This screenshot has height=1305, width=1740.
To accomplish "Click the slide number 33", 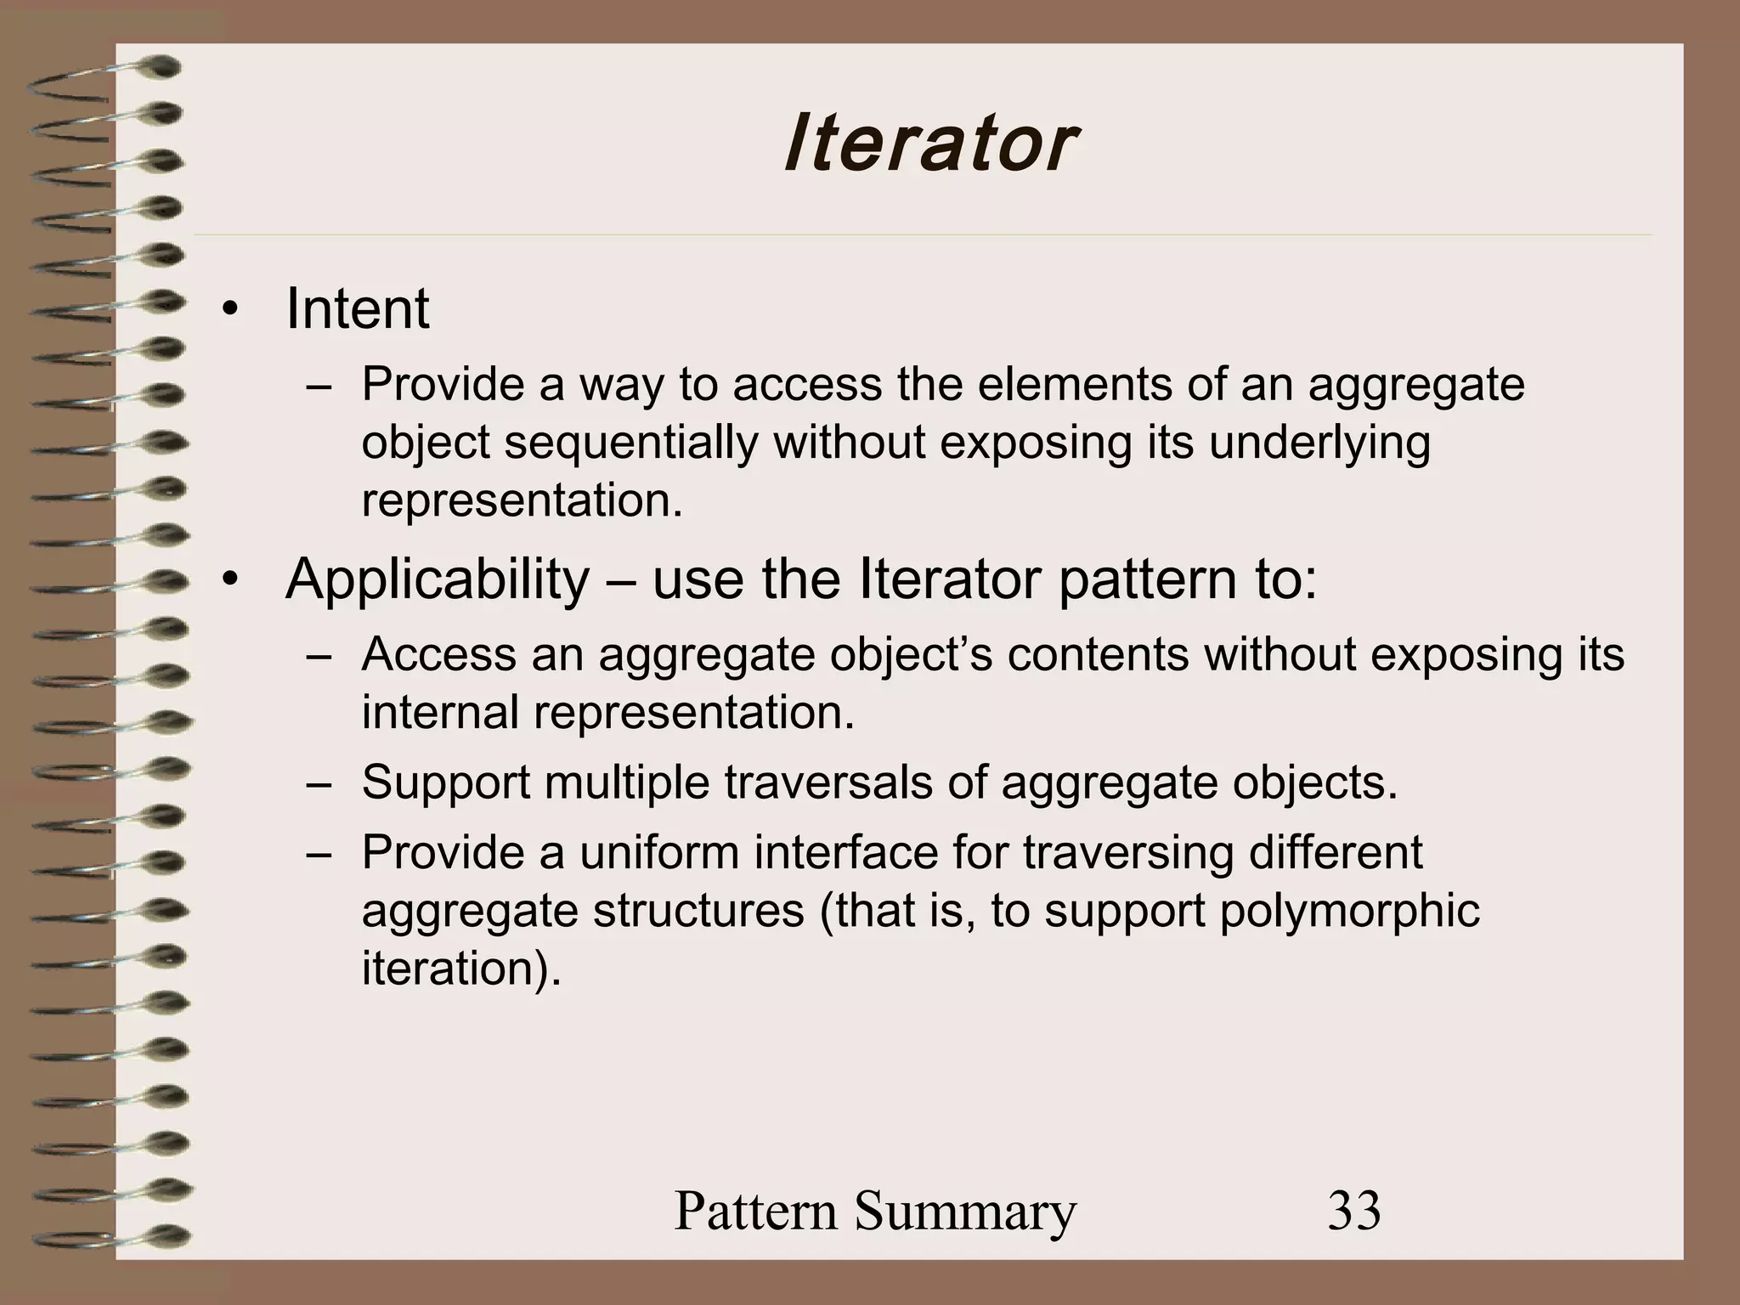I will pyautogui.click(x=1354, y=1211).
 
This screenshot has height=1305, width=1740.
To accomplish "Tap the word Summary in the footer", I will pyautogui.click(x=965, y=1211).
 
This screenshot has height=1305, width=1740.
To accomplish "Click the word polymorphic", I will pyautogui.click(x=1349, y=911).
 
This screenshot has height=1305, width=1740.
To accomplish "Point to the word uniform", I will pyautogui.click(x=659, y=852).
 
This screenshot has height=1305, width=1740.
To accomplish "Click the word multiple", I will pyautogui.click(x=626, y=782).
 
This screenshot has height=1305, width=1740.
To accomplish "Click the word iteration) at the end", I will pyautogui.click(x=461, y=969).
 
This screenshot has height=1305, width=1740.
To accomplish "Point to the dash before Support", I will pyautogui.click(x=319, y=783).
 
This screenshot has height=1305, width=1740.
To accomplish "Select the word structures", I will pyautogui.click(x=698, y=911).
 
